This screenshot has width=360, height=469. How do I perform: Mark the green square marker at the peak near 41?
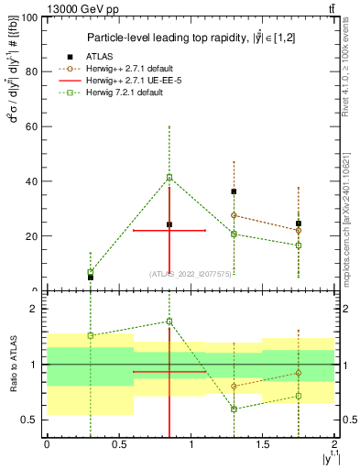point(169,177)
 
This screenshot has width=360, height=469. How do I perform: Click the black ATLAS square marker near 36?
point(235,191)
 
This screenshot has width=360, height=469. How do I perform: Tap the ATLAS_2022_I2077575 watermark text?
point(191,273)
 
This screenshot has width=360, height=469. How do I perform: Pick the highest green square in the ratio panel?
point(169,322)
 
